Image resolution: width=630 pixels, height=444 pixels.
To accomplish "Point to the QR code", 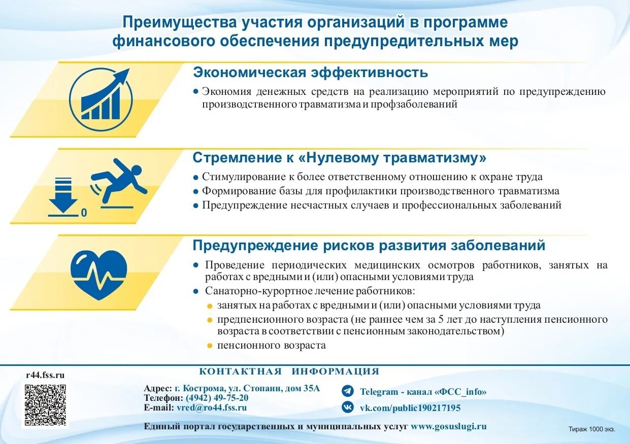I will point(46,405).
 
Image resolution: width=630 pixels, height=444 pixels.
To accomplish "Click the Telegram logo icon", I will point(348,391).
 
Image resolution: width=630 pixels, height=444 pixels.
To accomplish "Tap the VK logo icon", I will point(348,407).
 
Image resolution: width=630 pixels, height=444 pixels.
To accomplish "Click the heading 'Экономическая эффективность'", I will point(310,73).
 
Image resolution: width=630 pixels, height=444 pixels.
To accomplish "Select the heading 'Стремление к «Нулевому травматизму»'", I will point(339,158).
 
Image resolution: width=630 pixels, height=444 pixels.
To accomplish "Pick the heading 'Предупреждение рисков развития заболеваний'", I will point(369,246).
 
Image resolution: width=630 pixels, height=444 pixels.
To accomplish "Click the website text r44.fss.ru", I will point(45,375).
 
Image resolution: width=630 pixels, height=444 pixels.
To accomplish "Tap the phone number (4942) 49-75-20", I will point(217,398).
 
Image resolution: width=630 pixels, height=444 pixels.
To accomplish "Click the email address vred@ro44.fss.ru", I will point(212,407).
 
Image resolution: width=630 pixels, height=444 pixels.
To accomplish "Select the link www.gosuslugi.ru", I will point(448,426).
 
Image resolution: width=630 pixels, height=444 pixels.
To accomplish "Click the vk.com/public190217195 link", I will point(410,408).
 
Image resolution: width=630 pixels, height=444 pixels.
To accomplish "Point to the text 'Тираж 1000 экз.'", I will point(591,429).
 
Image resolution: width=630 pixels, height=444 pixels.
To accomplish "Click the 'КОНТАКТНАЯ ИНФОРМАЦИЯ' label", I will point(289,371).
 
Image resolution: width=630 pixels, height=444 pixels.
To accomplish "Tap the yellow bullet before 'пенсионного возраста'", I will point(210,346).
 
